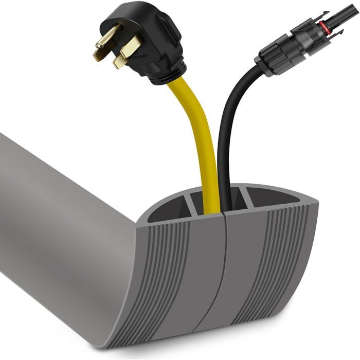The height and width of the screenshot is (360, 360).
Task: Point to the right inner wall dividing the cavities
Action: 246,198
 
